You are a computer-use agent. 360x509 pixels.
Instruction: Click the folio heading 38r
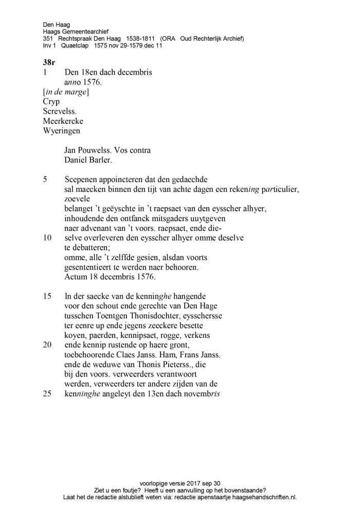point(49,62)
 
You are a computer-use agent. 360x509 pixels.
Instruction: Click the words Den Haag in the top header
point(57,24)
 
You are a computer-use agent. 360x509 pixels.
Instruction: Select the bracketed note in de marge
point(66,92)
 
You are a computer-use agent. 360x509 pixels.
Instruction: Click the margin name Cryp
point(51,102)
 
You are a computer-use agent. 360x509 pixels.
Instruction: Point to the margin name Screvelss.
point(60,112)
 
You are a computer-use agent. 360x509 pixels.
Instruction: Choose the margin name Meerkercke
point(63,121)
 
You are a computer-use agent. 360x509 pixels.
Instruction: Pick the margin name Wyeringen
point(62,131)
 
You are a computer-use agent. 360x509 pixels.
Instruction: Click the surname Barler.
point(100,160)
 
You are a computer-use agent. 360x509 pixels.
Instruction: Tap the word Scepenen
point(82,180)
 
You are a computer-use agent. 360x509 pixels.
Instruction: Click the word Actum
point(76,277)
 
